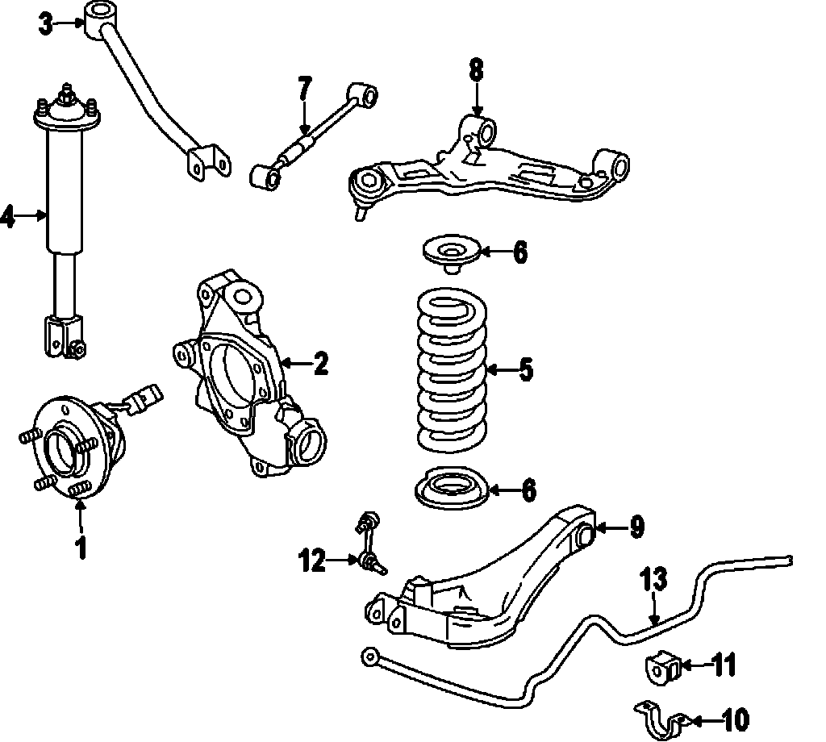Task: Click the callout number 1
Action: [81, 547]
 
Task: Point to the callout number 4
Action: [7, 216]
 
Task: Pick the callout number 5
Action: [525, 370]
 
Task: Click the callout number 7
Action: [303, 87]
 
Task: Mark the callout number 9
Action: [636, 528]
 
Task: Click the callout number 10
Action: [736, 718]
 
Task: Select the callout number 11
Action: [724, 666]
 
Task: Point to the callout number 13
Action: [655, 580]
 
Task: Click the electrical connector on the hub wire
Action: [145, 398]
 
